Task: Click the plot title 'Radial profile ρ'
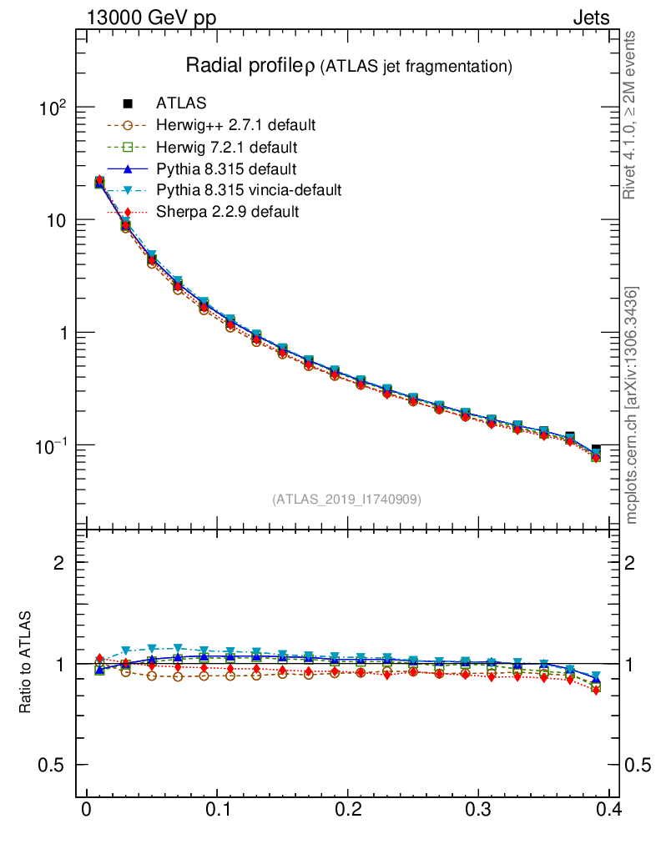250,65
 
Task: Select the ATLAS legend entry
180,103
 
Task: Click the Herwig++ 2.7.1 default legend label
235,126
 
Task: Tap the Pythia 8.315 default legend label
226,169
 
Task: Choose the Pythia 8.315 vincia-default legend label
248,190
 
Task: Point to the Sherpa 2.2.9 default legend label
227,212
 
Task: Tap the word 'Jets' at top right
591,18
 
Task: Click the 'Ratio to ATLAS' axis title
26,664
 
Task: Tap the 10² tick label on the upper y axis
52,108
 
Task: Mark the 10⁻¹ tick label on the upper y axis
50,445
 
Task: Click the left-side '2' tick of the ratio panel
59,563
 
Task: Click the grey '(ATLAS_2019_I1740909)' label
346,500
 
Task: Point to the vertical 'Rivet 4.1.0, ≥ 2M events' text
632,117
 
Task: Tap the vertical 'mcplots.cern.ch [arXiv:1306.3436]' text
632,404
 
